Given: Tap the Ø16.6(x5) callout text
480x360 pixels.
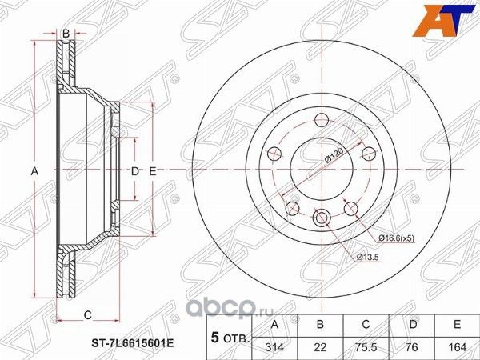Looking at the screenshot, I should coord(398,238).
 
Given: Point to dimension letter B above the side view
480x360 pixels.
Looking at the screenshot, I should coord(66,33).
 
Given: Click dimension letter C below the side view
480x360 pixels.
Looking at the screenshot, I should coord(87,314).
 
